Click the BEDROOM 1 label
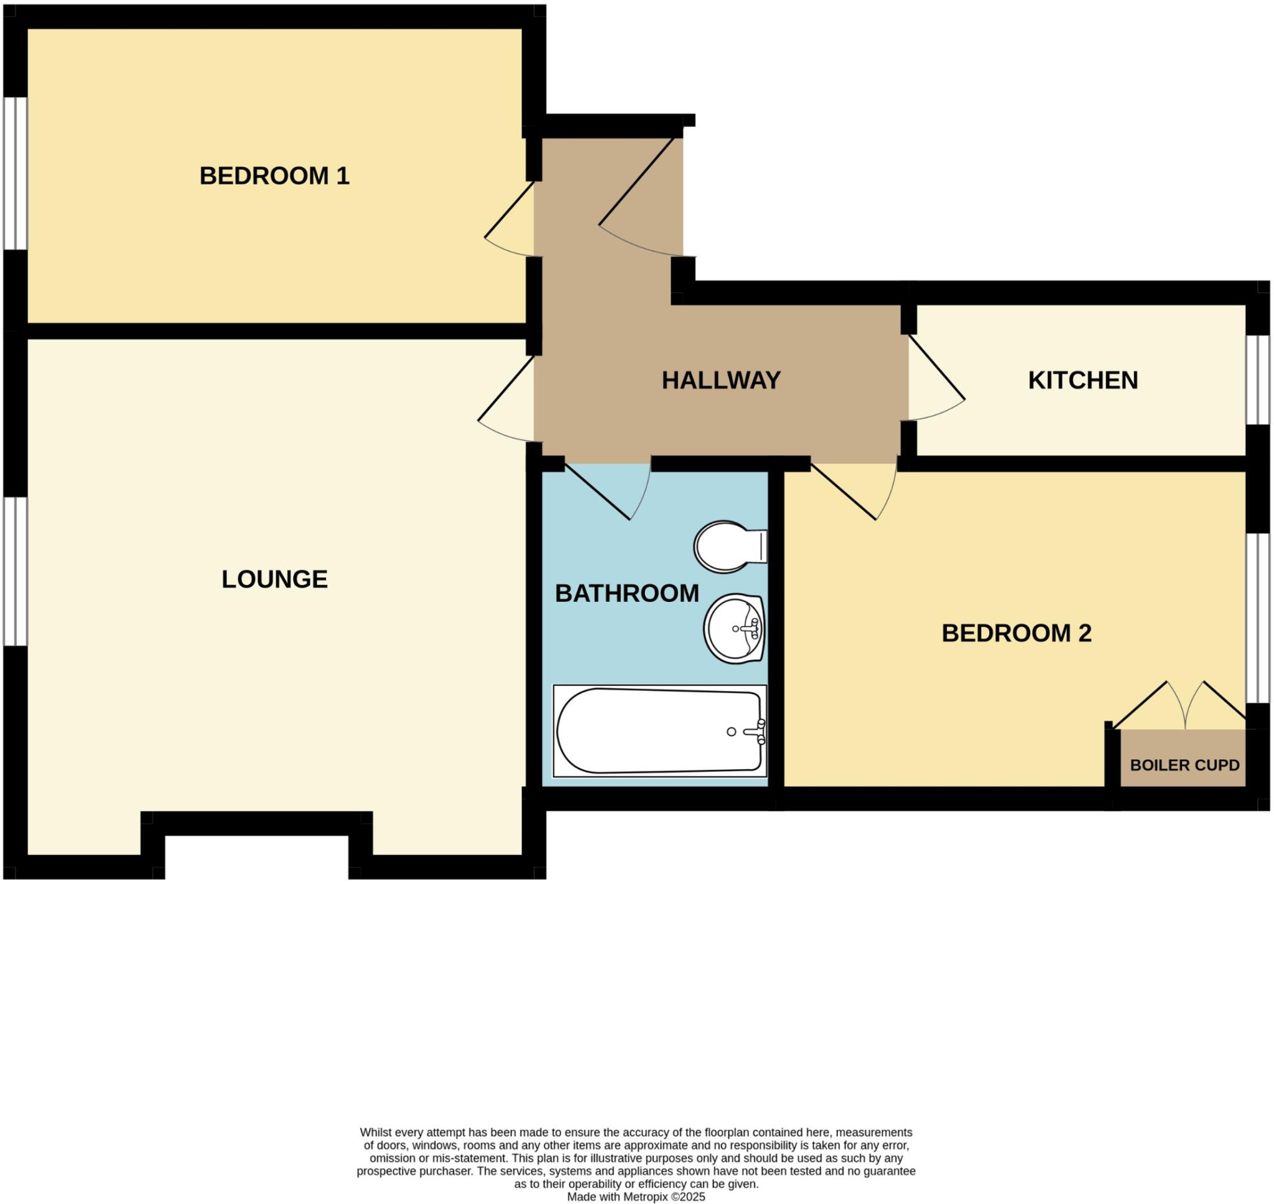274,176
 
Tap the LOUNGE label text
274,580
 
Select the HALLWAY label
721,381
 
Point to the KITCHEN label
1083,381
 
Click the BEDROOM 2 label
1016,634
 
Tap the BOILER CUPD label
1184,765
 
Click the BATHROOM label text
626,594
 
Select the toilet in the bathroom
728,546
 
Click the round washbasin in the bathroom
733,629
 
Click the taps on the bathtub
757,731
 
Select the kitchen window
1257,380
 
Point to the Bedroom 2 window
1257,618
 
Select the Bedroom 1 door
510,218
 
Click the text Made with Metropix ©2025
635,1197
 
